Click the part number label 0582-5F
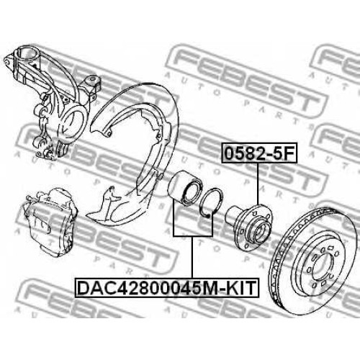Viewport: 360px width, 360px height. [x=259, y=153]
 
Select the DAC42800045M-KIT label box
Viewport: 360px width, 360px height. [x=167, y=287]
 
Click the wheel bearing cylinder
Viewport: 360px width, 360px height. [x=186, y=188]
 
